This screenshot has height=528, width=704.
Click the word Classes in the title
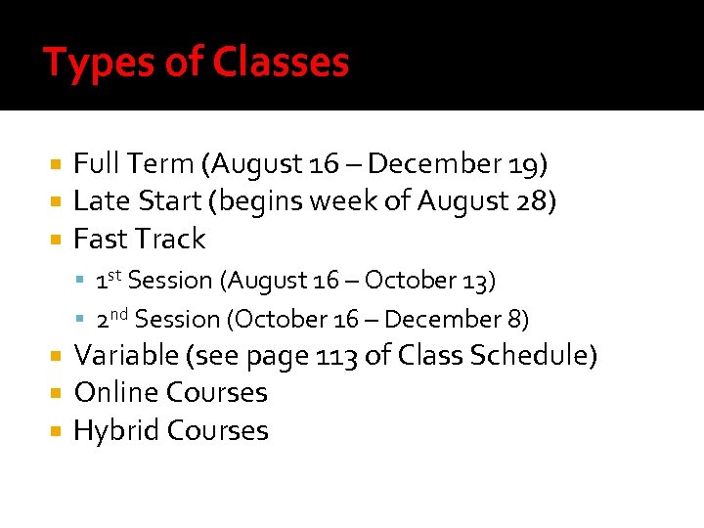pos(282,64)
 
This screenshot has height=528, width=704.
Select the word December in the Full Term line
pos(440,164)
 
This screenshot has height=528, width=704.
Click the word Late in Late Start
pos(96,201)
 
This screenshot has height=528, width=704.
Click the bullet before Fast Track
pos(58,240)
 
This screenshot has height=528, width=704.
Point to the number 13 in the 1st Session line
pos(476,281)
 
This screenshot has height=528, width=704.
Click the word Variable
pos(122,355)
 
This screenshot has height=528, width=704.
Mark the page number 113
pos(336,355)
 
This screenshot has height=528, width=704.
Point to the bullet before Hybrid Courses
pos(58,431)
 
